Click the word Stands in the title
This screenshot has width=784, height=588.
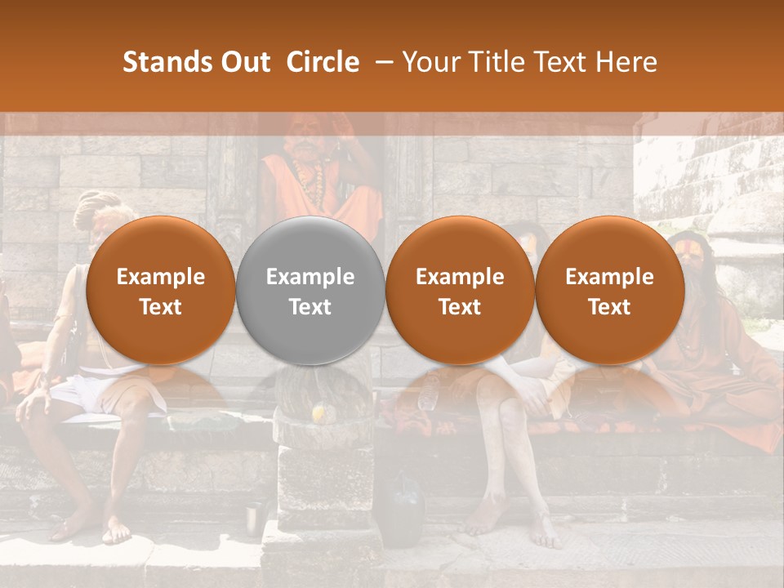click(x=165, y=62)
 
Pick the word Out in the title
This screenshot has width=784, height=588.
click(x=243, y=62)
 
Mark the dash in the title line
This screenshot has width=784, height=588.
click(x=381, y=62)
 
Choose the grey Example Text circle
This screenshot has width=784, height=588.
click(x=310, y=291)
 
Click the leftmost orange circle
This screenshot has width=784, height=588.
click(x=160, y=291)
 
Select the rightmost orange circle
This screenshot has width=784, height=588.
click(x=609, y=291)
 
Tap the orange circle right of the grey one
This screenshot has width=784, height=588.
click(x=460, y=291)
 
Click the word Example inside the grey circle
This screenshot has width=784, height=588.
click(x=310, y=277)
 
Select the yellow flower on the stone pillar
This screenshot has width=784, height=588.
click(x=319, y=414)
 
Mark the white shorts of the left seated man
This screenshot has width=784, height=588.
click(x=78, y=395)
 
